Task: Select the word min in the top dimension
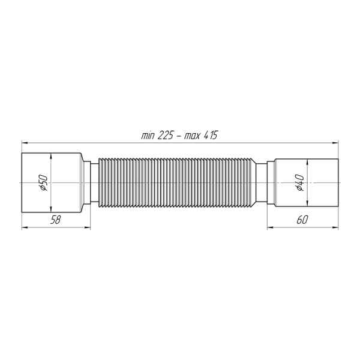[148, 136]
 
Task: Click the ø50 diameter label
[43, 183]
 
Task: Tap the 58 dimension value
[55, 220]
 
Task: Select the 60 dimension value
[302, 220]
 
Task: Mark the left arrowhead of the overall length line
[25, 142]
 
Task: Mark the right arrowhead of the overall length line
[333, 142]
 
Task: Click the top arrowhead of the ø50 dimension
[52, 155]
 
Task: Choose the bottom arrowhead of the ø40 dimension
[307, 202]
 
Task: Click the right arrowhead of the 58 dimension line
[87, 227]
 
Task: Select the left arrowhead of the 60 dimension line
[270, 227]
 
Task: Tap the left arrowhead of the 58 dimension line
[25, 227]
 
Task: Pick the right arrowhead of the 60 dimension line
[333, 227]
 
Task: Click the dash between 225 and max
[179, 136]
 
